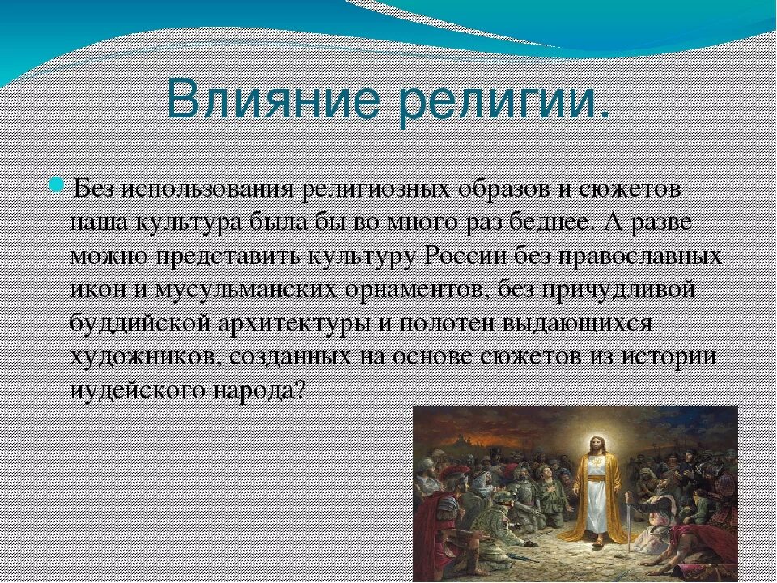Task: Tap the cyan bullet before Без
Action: coord(57,186)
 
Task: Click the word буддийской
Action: coord(140,323)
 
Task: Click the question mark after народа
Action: coord(297,390)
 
